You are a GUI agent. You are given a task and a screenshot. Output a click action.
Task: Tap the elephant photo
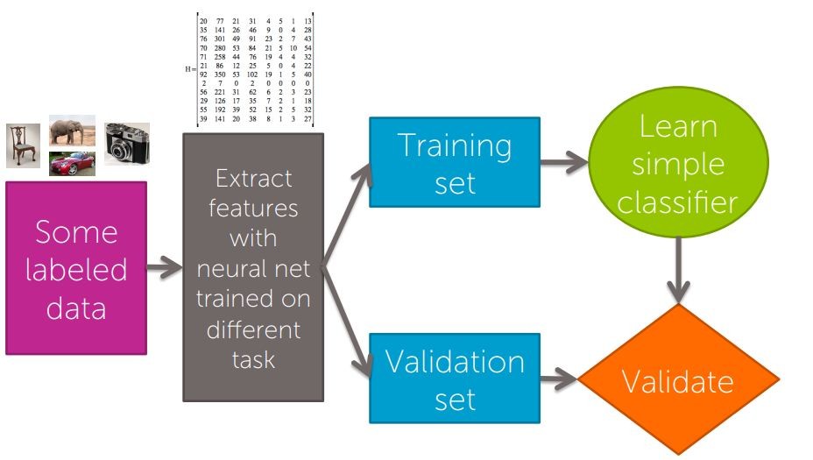(72, 131)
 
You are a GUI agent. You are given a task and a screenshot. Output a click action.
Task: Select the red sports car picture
(72, 164)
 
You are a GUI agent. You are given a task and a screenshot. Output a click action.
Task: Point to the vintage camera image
(127, 144)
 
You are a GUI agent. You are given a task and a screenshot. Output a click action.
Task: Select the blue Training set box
(454, 164)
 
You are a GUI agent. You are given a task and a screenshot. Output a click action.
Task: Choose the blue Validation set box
(454, 379)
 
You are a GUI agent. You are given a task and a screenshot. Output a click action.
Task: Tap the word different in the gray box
(253, 329)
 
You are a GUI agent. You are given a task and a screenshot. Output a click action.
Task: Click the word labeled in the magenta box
(75, 269)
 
